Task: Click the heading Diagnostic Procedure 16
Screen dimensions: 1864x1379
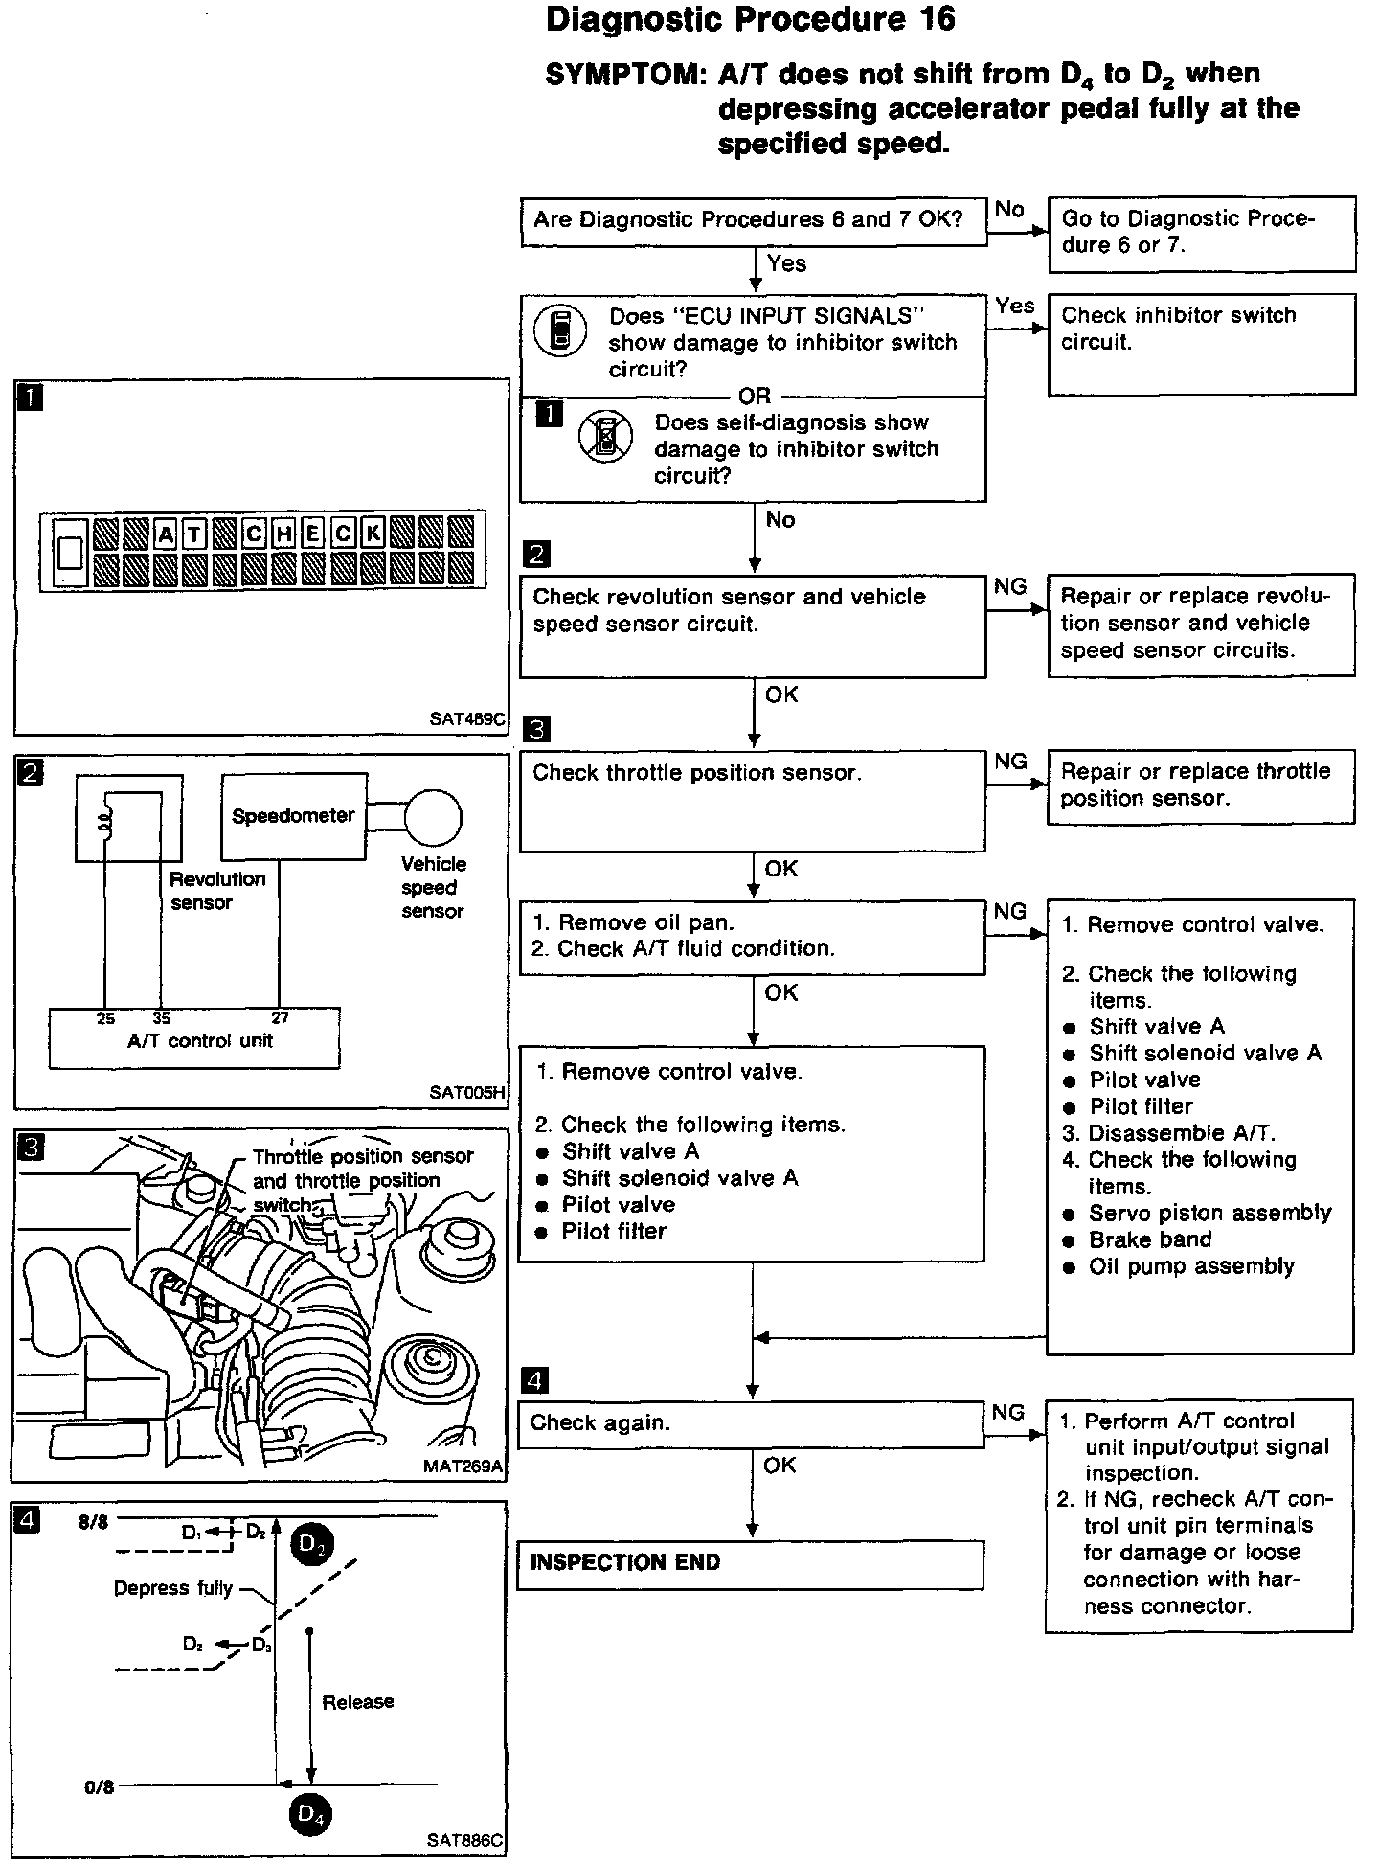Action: pos(750,21)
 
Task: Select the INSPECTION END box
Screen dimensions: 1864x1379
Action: pos(750,1565)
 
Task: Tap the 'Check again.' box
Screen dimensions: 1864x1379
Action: pos(750,1423)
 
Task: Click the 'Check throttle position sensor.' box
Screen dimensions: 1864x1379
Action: pos(752,800)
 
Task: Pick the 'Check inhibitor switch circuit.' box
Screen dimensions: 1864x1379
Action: pos(1201,344)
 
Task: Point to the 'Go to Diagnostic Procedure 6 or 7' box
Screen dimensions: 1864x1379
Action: pos(1201,234)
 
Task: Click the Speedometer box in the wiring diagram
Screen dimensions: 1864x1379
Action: pos(293,817)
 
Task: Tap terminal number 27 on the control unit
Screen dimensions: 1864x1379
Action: pos(280,1017)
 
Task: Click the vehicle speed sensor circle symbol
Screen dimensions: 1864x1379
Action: pos(434,817)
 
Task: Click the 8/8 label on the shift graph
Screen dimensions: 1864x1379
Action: pos(93,1522)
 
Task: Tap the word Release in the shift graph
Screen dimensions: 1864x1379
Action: pos(358,1701)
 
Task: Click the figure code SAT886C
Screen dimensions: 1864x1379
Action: pos(464,1840)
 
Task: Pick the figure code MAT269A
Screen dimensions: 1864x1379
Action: pos(463,1466)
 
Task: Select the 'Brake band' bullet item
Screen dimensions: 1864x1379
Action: pos(1150,1239)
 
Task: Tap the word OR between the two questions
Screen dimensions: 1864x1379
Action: pos(755,396)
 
